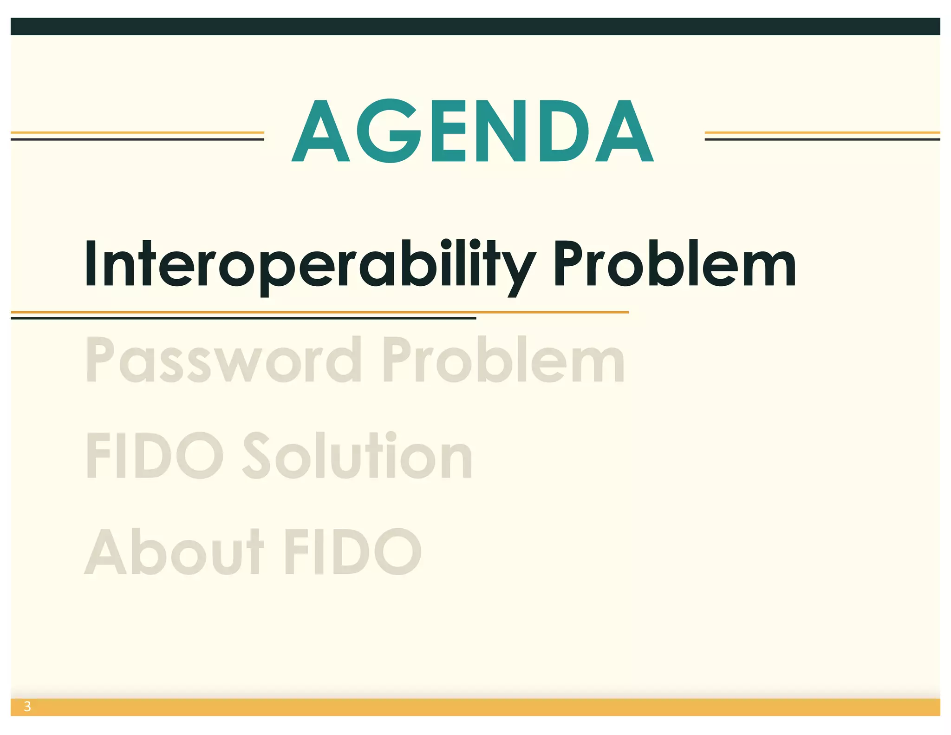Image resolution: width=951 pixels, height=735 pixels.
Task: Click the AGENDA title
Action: (x=473, y=131)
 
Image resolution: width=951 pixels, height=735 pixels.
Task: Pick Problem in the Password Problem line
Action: (x=503, y=360)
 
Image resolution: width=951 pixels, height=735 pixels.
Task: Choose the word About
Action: (x=174, y=551)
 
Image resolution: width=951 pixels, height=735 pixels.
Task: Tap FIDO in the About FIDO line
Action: (x=353, y=551)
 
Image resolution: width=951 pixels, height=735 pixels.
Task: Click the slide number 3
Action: (x=27, y=707)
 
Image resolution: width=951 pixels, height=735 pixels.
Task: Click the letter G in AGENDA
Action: (x=389, y=131)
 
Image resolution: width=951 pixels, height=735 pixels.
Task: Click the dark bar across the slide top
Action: (x=475, y=26)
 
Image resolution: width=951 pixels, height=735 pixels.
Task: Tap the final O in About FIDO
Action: (x=397, y=551)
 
